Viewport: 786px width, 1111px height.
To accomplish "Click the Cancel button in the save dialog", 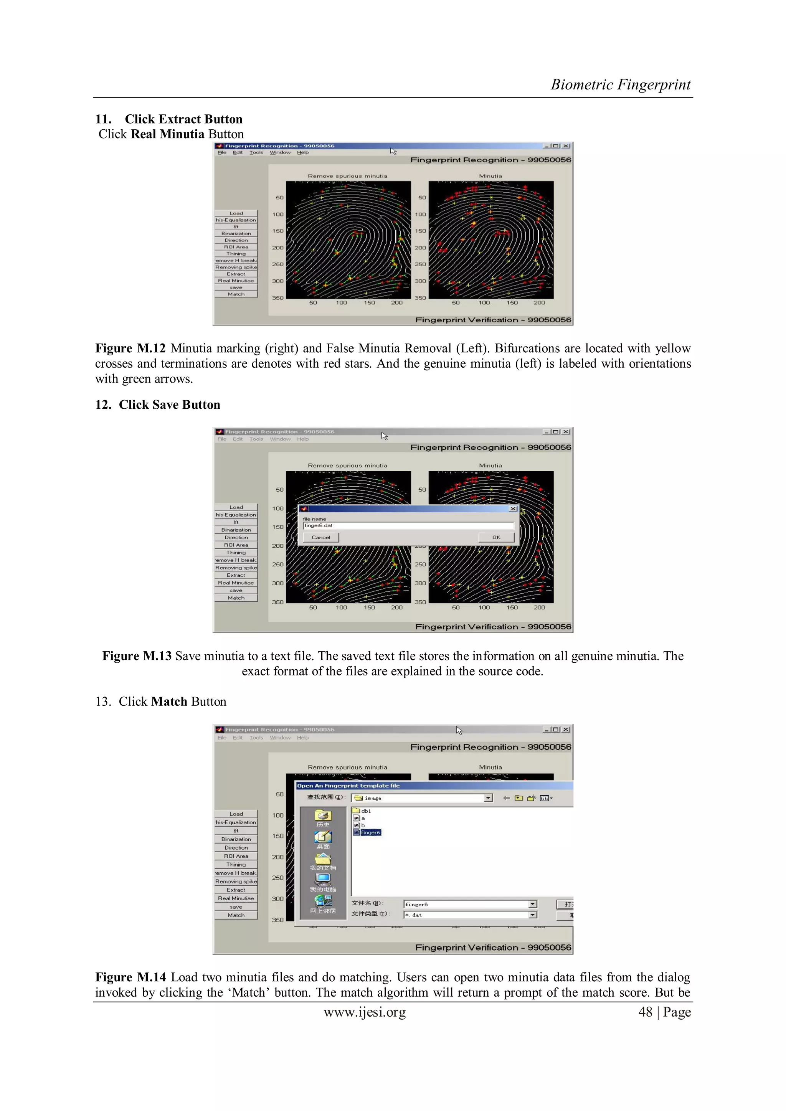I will point(320,537).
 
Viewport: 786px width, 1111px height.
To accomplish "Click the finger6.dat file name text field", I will point(408,525).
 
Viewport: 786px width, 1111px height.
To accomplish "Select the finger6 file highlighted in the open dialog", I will point(370,832).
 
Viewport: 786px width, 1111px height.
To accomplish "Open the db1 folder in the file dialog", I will point(365,811).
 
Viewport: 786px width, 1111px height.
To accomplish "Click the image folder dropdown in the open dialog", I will point(421,798).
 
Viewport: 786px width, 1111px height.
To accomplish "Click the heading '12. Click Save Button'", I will point(158,404).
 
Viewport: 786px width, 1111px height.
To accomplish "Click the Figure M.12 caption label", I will point(130,348).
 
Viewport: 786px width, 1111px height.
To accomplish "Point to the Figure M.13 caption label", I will point(137,656).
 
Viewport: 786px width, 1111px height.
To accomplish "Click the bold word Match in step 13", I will point(169,702).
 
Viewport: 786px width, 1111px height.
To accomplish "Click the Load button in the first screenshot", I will point(236,213).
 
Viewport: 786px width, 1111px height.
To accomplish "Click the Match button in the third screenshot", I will point(236,915).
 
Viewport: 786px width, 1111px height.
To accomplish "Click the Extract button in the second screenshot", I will point(236,575).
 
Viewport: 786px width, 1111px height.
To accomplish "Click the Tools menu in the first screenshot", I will point(256,152).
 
